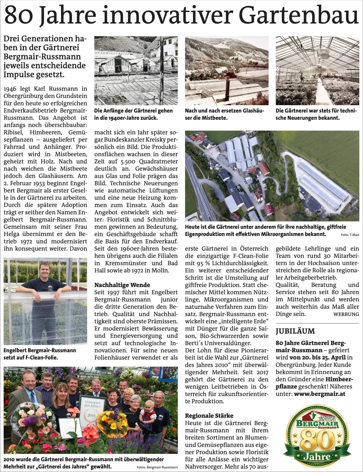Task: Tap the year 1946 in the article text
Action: click(x=10, y=89)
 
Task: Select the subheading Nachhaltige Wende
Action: click(x=122, y=285)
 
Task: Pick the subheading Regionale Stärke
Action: click(x=209, y=416)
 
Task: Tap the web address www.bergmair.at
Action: click(x=318, y=394)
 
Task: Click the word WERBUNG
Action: click(x=346, y=314)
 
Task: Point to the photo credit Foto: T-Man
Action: click(x=350, y=235)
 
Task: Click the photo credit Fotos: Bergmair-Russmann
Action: click(x=157, y=467)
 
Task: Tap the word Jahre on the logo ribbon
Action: click(x=317, y=457)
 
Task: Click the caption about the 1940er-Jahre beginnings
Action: click(x=133, y=114)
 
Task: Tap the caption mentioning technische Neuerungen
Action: click(x=316, y=114)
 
